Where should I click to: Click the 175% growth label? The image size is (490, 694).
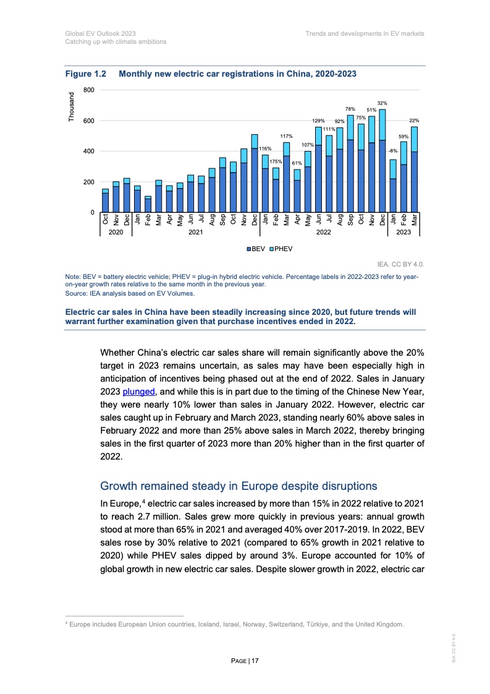276,161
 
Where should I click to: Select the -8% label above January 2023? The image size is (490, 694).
392,150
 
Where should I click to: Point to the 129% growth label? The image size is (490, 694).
318,121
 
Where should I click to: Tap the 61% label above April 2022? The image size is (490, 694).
297,163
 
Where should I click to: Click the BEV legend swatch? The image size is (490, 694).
249,249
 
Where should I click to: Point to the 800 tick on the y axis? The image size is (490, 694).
88,90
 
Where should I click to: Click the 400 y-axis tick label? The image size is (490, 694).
88,152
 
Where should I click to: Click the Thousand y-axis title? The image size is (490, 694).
72,106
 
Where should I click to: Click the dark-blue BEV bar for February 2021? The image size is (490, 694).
148,205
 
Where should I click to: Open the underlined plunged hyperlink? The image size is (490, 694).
139,392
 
